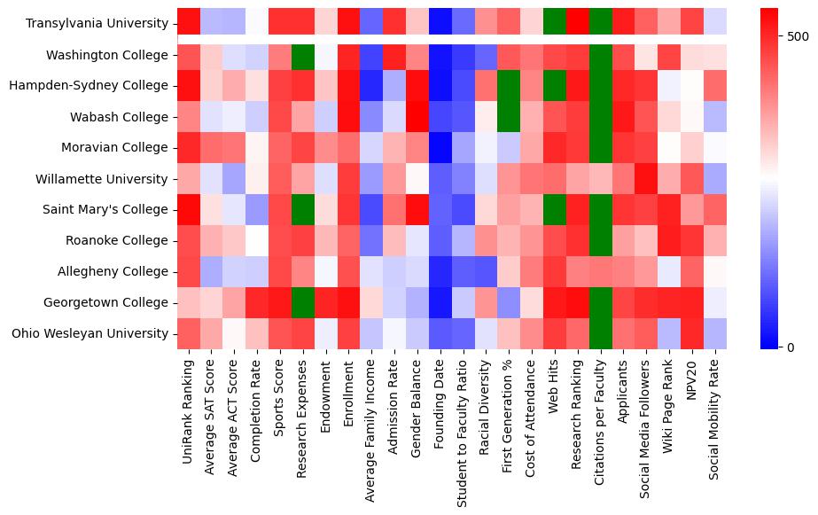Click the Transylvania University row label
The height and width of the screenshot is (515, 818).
tap(97, 24)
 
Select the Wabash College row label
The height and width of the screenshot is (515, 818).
tap(120, 117)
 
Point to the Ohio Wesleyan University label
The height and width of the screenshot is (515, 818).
tap(93, 334)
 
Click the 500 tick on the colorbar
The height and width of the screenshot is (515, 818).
tap(799, 36)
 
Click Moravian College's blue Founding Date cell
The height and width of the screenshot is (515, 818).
tap(440, 148)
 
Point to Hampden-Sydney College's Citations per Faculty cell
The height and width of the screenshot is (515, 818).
tap(602, 86)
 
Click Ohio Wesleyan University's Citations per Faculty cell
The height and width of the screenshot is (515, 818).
tap(602, 334)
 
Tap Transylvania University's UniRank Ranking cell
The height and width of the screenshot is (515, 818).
tap(189, 24)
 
